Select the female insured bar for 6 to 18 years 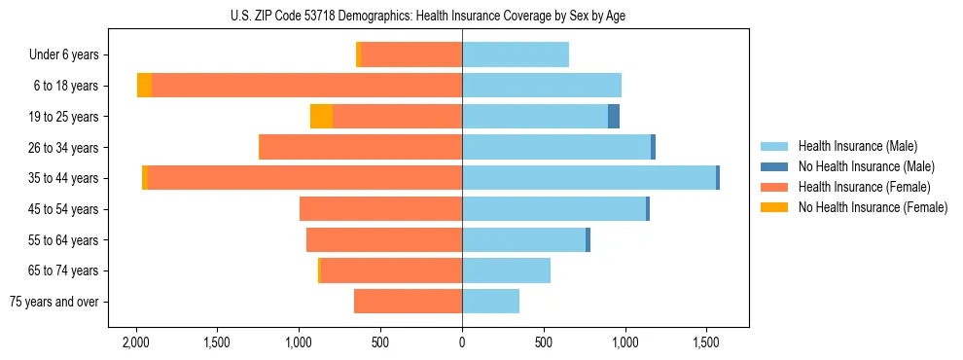[306, 86]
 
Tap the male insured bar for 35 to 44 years [588, 178]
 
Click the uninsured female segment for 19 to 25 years [321, 117]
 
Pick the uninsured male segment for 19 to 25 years [614, 117]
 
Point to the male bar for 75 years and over [490, 302]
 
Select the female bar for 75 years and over [408, 302]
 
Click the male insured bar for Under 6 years [516, 55]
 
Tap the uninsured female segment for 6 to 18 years [144, 86]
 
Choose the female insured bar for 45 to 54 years [380, 209]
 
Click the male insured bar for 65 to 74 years [506, 270]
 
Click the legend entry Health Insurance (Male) [857, 146]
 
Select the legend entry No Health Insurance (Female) [873, 207]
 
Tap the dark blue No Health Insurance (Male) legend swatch [774, 166]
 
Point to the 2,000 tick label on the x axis [135, 342]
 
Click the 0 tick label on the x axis [462, 342]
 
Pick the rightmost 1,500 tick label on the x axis [706, 342]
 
